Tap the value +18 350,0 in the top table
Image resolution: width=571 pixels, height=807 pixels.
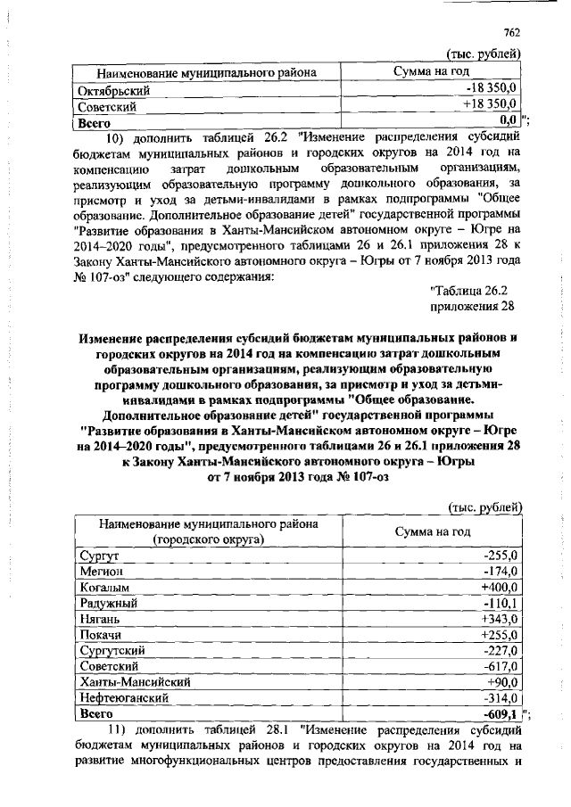pos(490,105)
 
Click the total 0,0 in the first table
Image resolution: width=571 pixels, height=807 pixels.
pos(509,120)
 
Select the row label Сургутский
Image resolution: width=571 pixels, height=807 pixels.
pos(112,650)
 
